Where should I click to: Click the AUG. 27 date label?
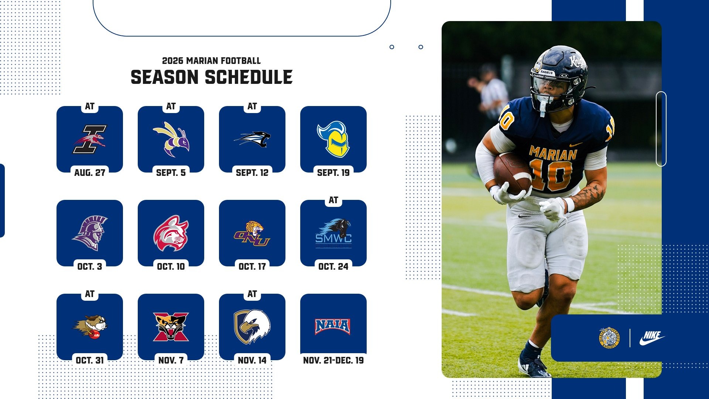[90, 173]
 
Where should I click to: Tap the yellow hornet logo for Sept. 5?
[171, 139]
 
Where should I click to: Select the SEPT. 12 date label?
[252, 173]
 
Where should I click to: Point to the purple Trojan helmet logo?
[90, 233]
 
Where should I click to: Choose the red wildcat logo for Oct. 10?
[171, 233]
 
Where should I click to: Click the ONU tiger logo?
[252, 233]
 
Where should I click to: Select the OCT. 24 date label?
[333, 266]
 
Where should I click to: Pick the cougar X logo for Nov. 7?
[171, 327]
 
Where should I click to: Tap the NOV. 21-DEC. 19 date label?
[333, 360]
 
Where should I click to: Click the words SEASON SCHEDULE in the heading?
[212, 78]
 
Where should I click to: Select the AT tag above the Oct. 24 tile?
[333, 200]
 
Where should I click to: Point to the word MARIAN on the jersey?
[553, 153]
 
